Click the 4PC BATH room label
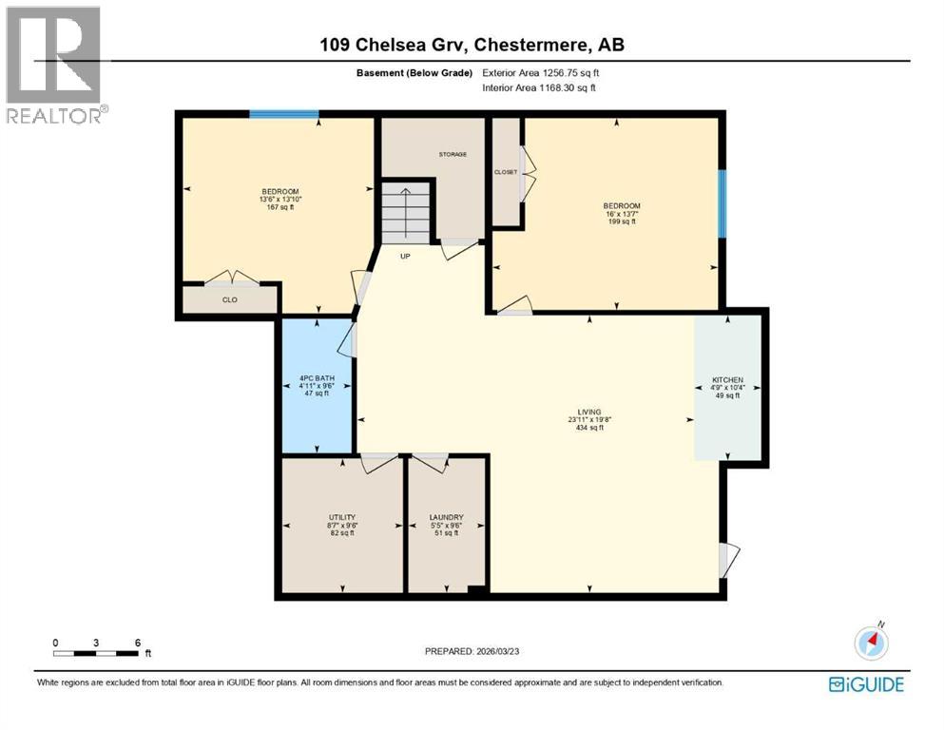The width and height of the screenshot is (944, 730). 317,379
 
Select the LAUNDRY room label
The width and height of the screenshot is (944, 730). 446,517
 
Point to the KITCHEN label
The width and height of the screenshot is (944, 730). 726,380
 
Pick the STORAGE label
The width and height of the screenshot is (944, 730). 453,154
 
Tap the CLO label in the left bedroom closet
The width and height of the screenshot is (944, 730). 229,299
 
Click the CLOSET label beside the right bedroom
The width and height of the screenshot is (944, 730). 506,172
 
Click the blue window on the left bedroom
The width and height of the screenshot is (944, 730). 283,114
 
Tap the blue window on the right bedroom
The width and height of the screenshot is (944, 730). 722,203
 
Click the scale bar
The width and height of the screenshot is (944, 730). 96,653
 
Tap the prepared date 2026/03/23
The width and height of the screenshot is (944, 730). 472,651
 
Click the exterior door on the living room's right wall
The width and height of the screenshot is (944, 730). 726,559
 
